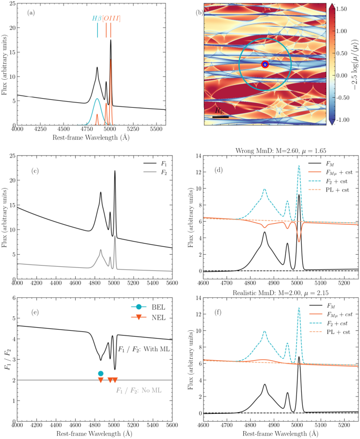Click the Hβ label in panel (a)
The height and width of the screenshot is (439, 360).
click(x=97, y=18)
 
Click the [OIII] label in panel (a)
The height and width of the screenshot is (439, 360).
click(x=111, y=18)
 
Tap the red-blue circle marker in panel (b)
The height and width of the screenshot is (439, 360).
click(x=265, y=64)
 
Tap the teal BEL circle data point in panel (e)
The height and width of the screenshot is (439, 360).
click(x=101, y=373)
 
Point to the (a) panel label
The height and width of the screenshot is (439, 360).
click(x=32, y=12)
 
